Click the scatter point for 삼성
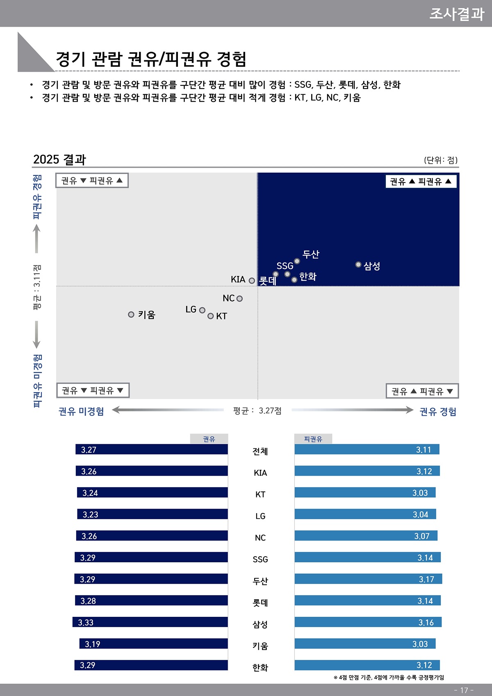coord(358,265)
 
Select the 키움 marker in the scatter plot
coord(131,315)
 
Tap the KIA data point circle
coord(252,281)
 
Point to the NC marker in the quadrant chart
coord(239,299)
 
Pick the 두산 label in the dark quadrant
coord(311,254)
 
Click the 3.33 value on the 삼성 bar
coord(86,623)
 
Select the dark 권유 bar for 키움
coord(153,644)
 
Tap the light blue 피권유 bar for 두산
coord(368,579)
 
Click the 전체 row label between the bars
coord(260,451)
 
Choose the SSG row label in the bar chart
coord(260,559)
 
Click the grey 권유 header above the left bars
coord(209,439)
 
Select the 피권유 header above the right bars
coord(313,439)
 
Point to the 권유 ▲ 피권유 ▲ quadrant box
coord(421,181)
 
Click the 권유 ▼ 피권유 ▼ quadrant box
coord(93,390)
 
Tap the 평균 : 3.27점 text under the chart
coord(257,411)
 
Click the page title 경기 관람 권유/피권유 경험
coord(151,59)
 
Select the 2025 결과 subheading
coord(59,160)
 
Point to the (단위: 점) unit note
coord(441,160)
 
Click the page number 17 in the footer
coord(464,690)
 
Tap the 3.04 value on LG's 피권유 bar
coord(420,514)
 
